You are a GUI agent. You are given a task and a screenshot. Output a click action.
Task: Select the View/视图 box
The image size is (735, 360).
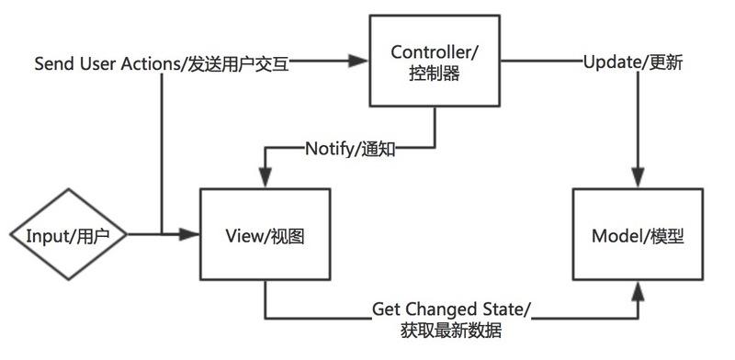point(265,235)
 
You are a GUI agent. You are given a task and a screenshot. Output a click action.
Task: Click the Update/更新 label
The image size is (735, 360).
point(632,63)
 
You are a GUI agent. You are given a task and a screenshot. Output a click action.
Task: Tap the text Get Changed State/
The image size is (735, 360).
point(451,309)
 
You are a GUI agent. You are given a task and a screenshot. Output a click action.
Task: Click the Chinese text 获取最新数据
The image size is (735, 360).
point(451,331)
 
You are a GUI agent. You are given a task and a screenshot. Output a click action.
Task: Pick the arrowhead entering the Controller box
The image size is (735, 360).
point(361,63)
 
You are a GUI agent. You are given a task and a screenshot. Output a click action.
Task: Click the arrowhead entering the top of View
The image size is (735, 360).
point(265,180)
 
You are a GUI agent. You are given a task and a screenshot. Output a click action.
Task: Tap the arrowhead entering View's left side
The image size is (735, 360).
point(192,235)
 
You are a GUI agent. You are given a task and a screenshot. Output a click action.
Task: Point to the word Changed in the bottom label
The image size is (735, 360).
point(439,309)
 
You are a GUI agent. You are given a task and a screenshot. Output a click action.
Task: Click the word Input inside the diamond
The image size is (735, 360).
point(46,235)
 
